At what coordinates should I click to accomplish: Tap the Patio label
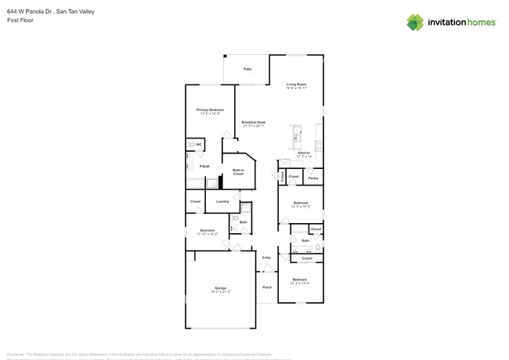(247, 69)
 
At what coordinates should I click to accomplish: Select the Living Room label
(295, 84)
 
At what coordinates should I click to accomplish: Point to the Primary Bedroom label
(209, 110)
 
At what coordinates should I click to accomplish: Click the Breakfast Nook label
(253, 123)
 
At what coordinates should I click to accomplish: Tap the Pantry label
(312, 178)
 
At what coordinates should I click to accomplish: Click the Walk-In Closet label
(238, 171)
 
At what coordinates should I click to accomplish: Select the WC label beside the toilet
(200, 145)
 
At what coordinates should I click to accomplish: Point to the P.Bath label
(204, 166)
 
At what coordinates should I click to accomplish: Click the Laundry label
(222, 201)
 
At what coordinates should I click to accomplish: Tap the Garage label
(220, 288)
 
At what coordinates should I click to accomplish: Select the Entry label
(266, 257)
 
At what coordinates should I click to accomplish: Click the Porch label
(267, 286)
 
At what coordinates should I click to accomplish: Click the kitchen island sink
(296, 139)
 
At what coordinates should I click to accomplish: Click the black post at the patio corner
(224, 56)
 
